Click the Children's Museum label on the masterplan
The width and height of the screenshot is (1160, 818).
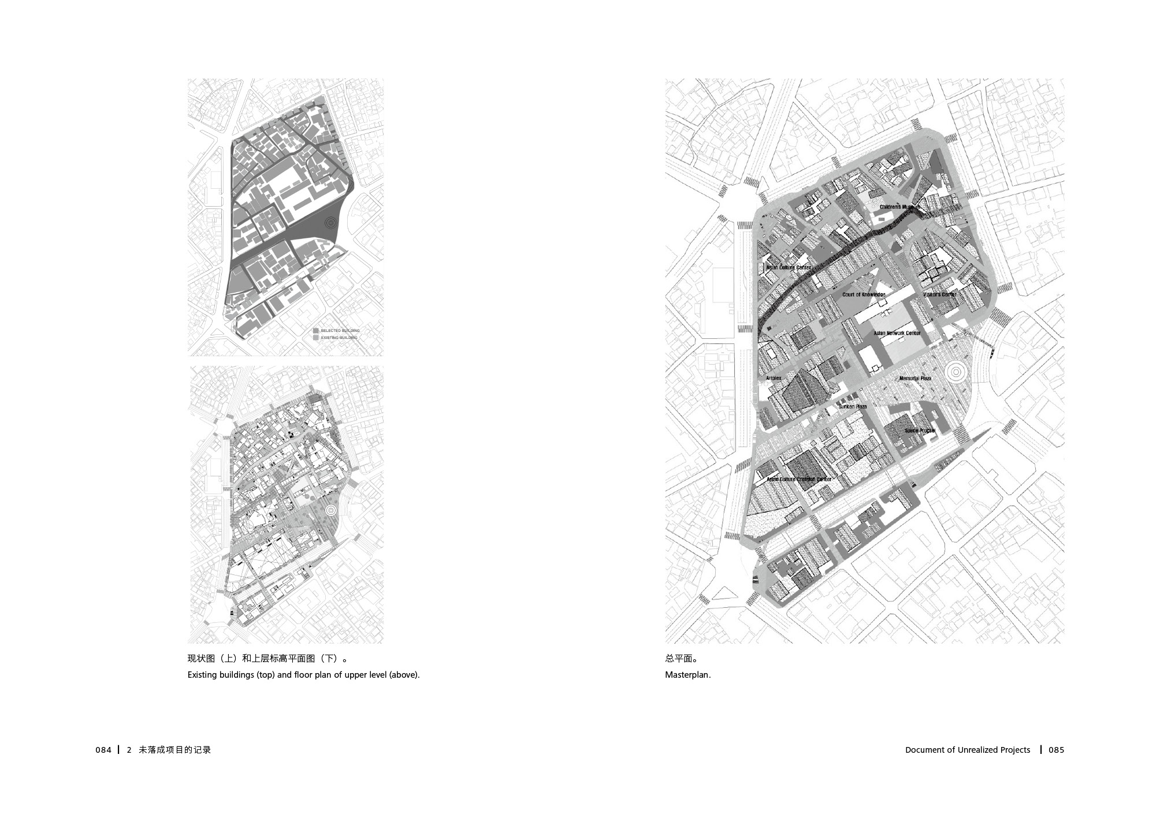click(900, 207)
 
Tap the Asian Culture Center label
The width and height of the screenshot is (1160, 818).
click(789, 268)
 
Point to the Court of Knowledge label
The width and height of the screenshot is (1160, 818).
click(864, 295)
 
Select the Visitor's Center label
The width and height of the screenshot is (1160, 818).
click(940, 294)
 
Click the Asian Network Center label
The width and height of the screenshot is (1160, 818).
click(897, 333)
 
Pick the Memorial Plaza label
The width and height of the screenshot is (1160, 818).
click(916, 379)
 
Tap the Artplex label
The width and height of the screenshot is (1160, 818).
click(774, 378)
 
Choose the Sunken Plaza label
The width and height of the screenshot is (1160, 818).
click(853, 407)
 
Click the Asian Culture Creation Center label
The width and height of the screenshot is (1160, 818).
click(799, 479)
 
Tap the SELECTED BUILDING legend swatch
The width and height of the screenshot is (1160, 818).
click(315, 331)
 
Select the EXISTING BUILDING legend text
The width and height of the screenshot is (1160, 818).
click(339, 338)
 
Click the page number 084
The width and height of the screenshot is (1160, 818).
click(103, 750)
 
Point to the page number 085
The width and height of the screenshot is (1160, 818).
click(1056, 750)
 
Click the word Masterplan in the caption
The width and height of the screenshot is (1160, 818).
click(687, 675)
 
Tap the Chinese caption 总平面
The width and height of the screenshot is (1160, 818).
click(679, 658)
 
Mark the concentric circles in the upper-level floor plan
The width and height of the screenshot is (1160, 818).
click(330, 510)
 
